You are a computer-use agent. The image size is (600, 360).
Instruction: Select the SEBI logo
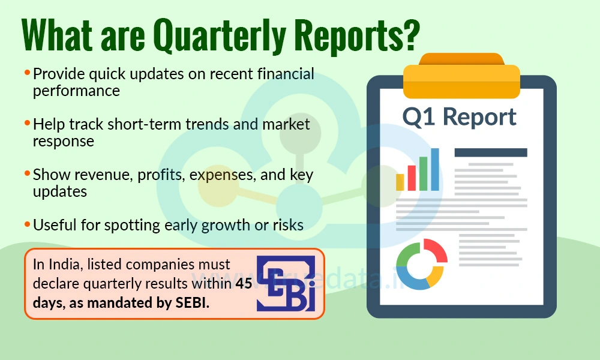[x=286, y=283]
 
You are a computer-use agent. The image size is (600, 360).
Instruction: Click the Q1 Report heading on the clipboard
[x=459, y=116]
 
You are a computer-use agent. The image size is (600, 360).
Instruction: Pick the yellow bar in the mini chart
[x=400, y=182]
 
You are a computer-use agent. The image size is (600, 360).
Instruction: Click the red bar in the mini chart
[x=412, y=178]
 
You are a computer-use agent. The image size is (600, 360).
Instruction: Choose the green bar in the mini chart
[x=423, y=173]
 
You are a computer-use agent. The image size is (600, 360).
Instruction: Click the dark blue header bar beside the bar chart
[x=490, y=152]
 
